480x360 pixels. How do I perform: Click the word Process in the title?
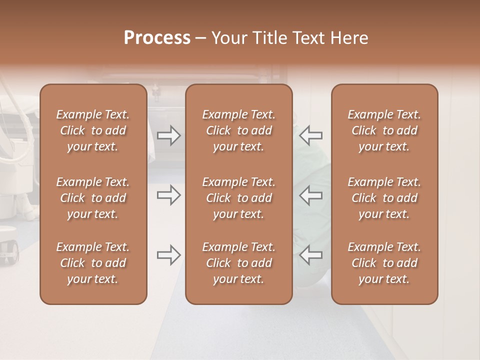tap(157, 38)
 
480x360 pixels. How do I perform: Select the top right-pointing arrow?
tap(169, 135)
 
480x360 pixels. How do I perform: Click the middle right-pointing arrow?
tap(169, 195)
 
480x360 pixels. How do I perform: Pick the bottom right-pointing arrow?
tap(169, 255)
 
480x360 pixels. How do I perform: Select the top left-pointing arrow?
tap(311, 135)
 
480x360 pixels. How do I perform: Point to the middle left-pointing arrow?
tap(311, 195)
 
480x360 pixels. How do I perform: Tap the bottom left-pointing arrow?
tap(311, 255)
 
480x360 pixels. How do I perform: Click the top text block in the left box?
tap(93, 130)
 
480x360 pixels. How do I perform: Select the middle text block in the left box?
tap(93, 198)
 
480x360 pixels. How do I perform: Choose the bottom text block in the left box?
tap(93, 263)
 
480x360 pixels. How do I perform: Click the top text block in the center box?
tap(239, 130)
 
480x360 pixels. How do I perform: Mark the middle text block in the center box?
tap(239, 198)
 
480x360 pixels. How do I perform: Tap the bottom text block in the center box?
tap(239, 263)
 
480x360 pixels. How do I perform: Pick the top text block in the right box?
tap(384, 130)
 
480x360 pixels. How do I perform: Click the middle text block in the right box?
tap(384, 198)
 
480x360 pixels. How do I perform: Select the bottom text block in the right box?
tap(384, 263)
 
